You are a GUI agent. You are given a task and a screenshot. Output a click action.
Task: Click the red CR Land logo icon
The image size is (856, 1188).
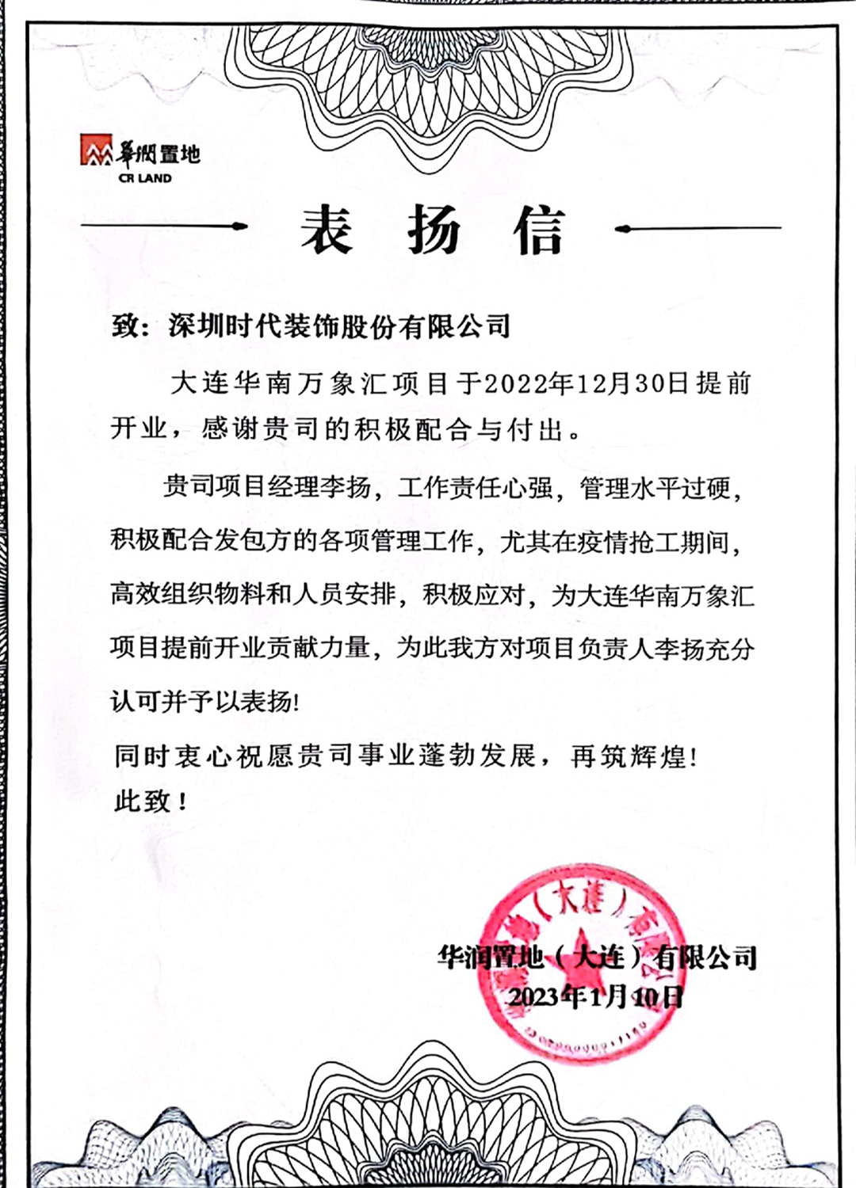coord(96,150)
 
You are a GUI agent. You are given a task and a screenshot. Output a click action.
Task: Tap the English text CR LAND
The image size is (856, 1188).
coord(145,178)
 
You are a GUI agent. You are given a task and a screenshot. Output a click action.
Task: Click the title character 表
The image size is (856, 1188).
coord(326,230)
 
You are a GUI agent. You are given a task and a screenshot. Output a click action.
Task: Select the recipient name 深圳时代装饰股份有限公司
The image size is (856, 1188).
coord(339,326)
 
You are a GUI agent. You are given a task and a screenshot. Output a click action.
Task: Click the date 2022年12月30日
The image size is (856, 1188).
coord(586,383)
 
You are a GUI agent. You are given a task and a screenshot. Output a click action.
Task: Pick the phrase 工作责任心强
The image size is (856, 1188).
coord(475,486)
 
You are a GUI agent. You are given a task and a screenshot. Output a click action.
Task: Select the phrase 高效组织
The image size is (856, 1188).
coord(162,594)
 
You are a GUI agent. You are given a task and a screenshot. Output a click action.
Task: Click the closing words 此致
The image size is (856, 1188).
coord(143,801)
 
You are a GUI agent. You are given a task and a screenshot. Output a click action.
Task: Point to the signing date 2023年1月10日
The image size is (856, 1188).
coord(595,996)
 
